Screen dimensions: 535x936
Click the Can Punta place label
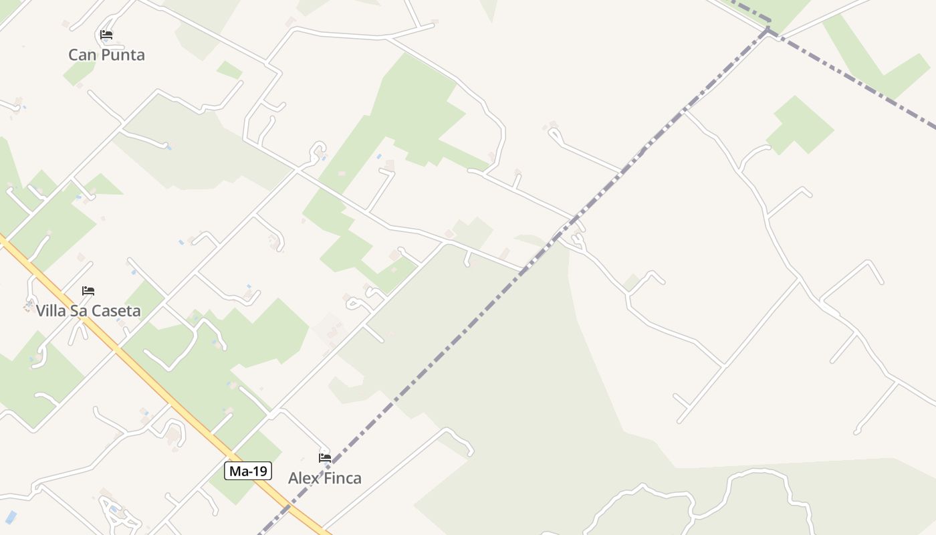tap(106, 55)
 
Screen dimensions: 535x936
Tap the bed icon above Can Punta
tap(106, 35)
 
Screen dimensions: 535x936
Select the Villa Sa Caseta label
tap(88, 311)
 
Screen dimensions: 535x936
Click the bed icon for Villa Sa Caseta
tap(88, 291)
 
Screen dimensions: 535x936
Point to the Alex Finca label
tap(325, 478)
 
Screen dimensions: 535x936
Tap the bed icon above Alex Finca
tap(325, 458)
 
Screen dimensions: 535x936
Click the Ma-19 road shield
tap(248, 471)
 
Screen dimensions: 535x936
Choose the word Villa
tap(51, 311)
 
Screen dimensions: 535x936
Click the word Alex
tap(302, 478)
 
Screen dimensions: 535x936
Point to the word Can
tap(82, 55)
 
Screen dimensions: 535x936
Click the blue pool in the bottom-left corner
tap(11, 517)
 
